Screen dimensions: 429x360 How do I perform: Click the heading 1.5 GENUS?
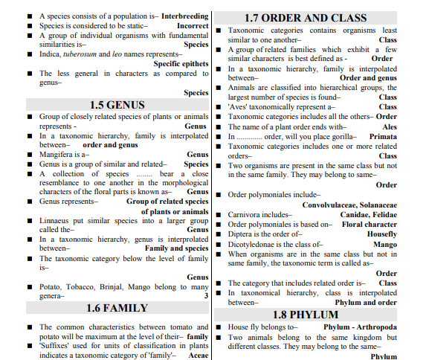pyautogui.click(x=117, y=105)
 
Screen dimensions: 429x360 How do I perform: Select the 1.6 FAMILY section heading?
pyautogui.click(x=117, y=308)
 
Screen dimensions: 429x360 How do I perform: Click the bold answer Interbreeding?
pyautogui.click(x=184, y=16)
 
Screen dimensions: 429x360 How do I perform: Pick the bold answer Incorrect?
pyautogui.click(x=193, y=25)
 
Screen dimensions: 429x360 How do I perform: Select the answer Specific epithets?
pyautogui.click(x=181, y=64)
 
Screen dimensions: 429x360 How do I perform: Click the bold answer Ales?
pyautogui.click(x=390, y=126)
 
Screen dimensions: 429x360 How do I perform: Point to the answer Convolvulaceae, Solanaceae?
pyautogui.click(x=349, y=204)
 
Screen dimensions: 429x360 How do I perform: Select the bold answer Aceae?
pyautogui.click(x=199, y=356)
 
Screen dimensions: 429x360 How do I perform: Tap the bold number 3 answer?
pyautogui.click(x=206, y=295)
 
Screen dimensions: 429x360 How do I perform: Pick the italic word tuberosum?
pyautogui.click(x=84, y=54)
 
